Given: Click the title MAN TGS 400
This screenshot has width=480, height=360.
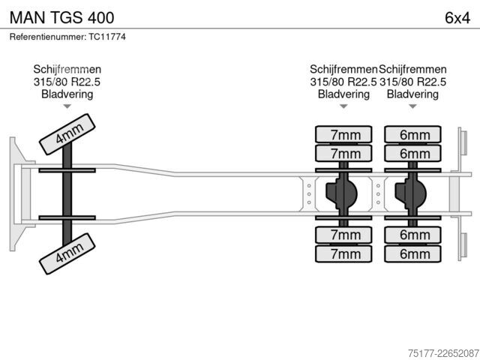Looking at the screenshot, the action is tap(61, 17).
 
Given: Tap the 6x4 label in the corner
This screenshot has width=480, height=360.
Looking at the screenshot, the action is tap(457, 18).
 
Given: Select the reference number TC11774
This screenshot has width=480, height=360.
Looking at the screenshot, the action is tap(107, 37).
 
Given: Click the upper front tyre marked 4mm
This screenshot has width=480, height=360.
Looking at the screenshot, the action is tap(67, 134).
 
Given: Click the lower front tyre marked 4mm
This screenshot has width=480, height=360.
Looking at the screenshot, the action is tap(67, 253).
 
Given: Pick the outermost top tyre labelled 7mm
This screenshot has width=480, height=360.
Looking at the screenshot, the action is tap(343, 134).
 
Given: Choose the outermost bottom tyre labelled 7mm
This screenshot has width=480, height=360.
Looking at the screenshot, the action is tap(343, 253).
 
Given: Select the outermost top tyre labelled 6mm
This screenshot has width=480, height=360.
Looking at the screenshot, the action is tap(412, 134).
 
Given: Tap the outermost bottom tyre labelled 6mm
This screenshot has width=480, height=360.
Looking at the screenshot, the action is tap(412, 253).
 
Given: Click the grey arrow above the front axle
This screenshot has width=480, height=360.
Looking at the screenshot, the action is tap(67, 106).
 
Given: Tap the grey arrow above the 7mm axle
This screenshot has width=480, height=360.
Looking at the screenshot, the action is tap(343, 106).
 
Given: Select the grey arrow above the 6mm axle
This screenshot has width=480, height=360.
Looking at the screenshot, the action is tap(412, 106).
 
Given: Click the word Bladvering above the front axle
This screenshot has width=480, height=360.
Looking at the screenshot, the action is tap(67, 94).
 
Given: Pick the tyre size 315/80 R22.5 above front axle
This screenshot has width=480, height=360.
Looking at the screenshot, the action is tap(67, 82).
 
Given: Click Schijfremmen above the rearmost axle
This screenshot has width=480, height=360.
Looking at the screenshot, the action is tap(412, 70).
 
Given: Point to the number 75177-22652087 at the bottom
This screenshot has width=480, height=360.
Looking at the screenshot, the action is tap(443, 353).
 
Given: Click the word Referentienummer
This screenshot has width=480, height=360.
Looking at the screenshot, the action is tap(48, 37).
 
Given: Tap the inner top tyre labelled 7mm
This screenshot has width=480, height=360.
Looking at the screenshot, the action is tap(343, 153).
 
